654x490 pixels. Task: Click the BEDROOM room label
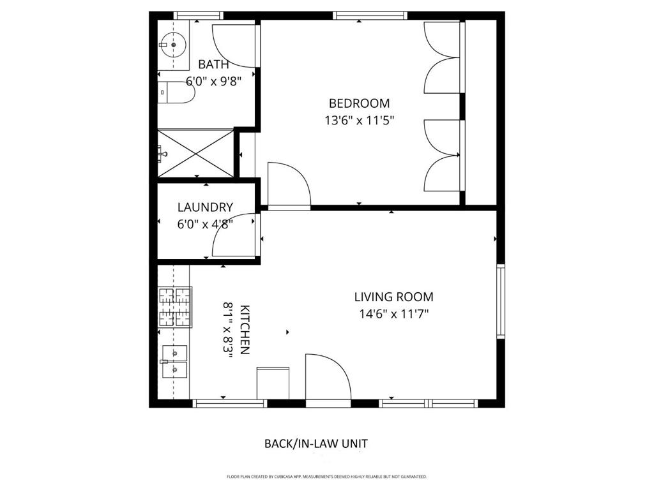[359, 103]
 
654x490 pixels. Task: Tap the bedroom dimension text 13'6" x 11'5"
[359, 121]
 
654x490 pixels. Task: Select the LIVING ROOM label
[393, 297]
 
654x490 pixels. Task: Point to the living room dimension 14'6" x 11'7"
[393, 313]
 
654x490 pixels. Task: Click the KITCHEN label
[245, 330]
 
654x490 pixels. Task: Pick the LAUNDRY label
[205, 207]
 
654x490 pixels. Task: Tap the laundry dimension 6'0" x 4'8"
[205, 224]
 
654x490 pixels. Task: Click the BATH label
[213, 64]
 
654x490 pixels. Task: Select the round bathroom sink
[173, 44]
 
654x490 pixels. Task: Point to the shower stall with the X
[195, 153]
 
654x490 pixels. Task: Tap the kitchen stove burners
[175, 307]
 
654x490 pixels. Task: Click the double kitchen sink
[175, 361]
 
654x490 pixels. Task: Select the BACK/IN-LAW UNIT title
[316, 443]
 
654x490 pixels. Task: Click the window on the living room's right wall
[501, 301]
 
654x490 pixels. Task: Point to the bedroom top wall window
[370, 16]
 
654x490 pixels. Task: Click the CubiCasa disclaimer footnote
[326, 476]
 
